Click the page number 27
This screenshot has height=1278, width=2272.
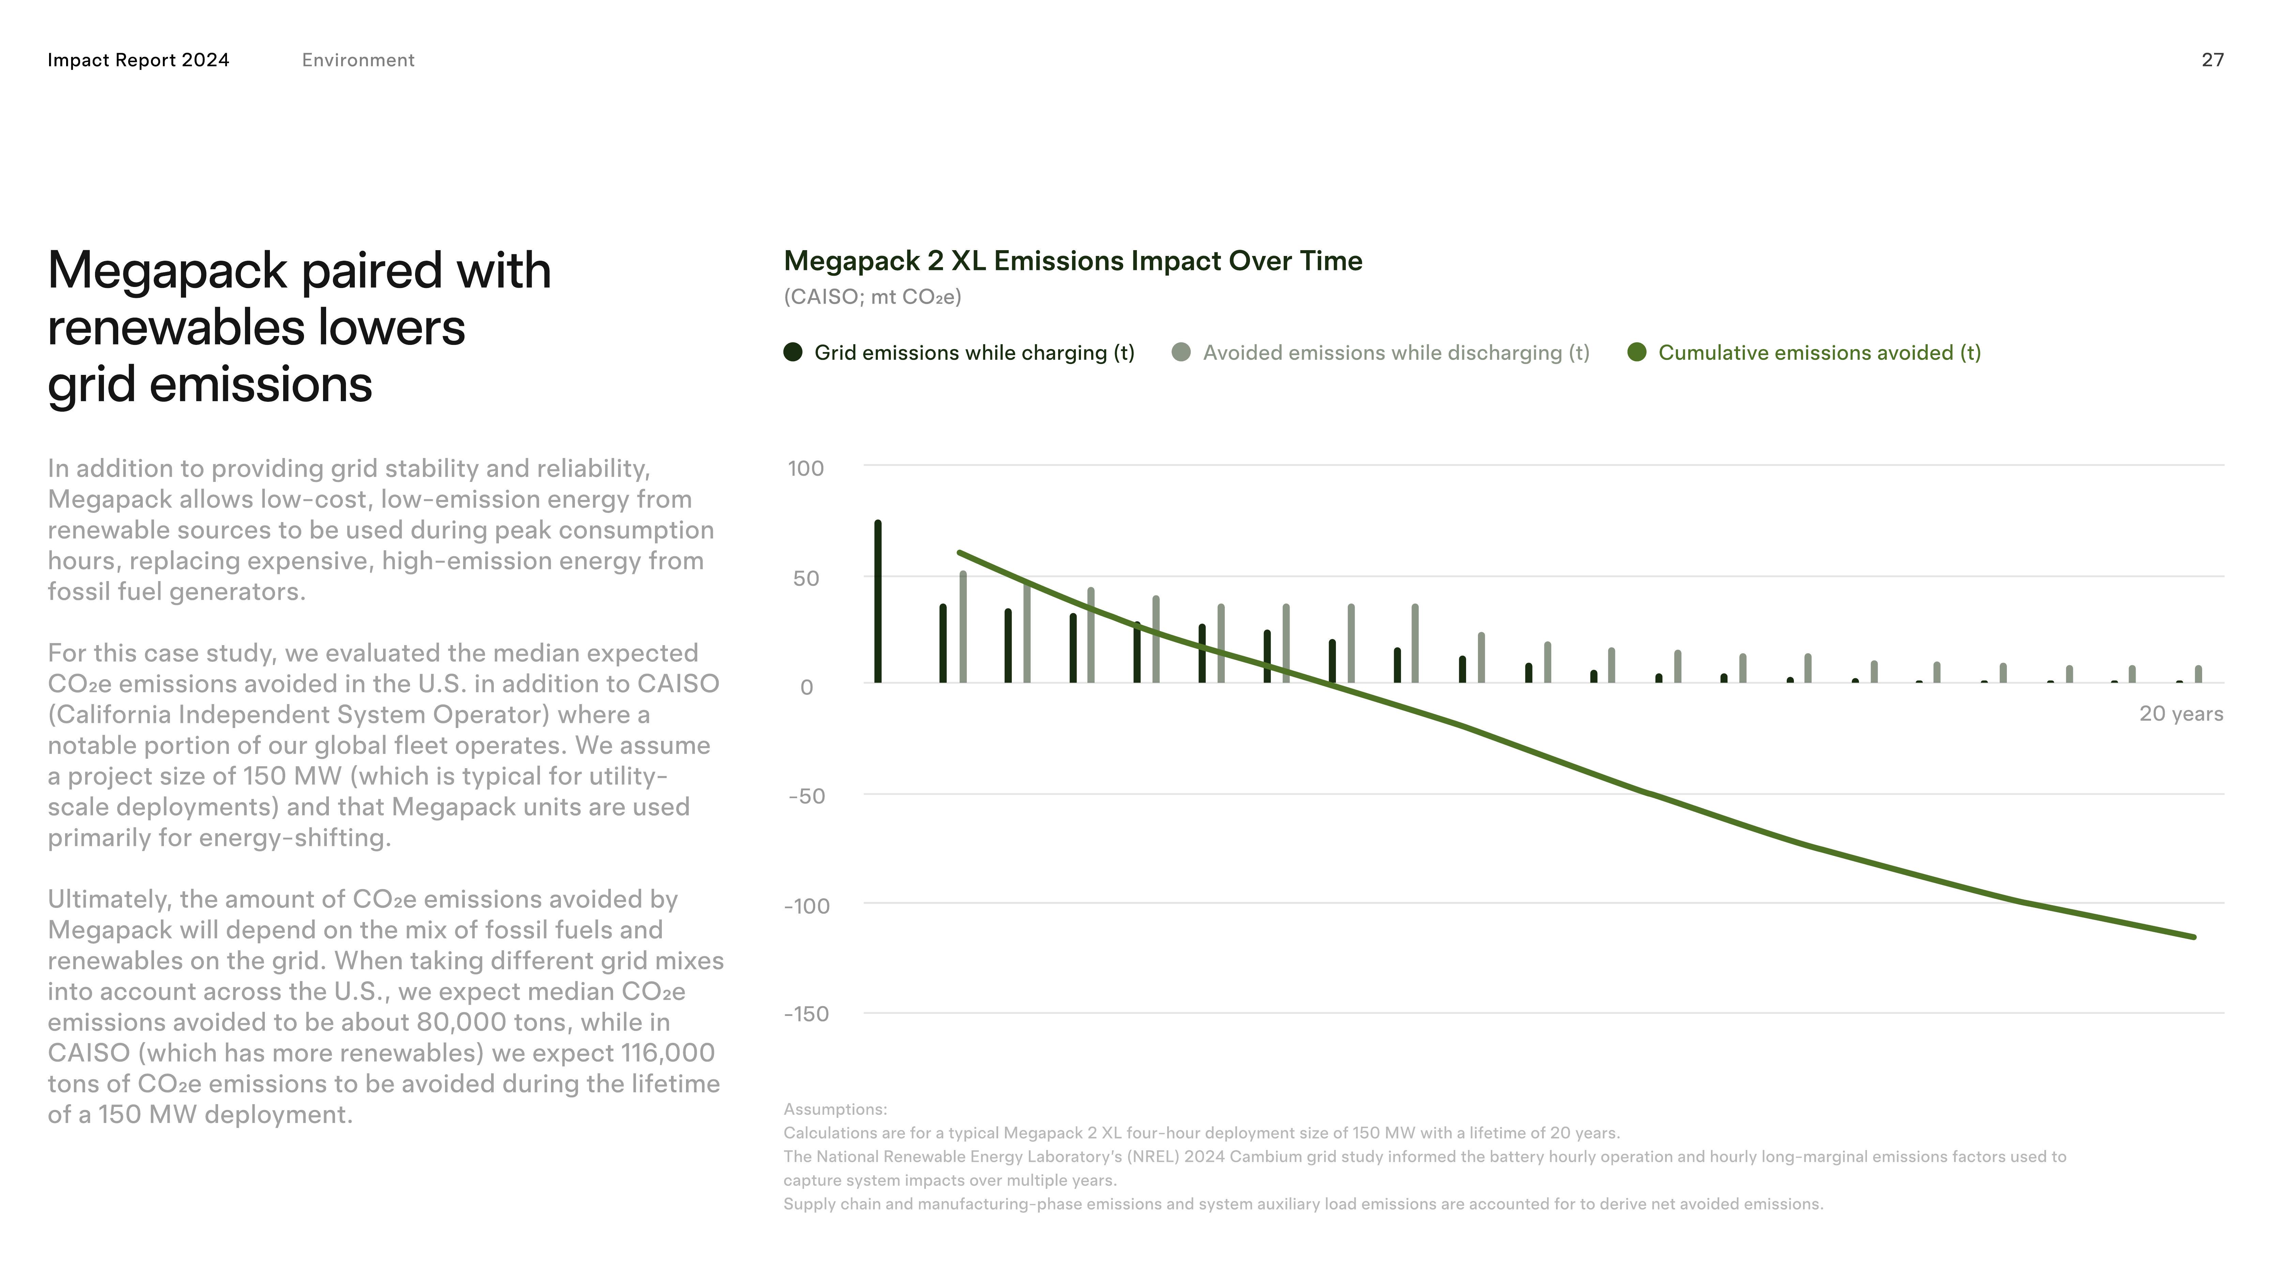(2212, 60)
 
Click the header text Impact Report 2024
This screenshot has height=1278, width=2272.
(138, 60)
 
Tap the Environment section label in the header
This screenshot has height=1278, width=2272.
(358, 60)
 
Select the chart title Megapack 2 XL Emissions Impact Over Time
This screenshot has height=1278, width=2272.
(1072, 261)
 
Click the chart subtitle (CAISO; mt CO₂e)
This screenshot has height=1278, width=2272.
(872, 297)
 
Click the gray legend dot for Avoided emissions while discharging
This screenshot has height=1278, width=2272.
(1181, 353)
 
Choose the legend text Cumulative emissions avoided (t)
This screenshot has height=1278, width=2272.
(1819, 353)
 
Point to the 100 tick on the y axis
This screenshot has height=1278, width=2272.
(805, 468)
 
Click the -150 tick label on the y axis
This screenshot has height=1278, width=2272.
(806, 1014)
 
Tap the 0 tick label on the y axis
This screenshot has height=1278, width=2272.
(806, 687)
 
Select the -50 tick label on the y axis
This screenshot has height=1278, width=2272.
(806, 796)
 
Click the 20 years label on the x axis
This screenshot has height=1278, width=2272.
(2180, 714)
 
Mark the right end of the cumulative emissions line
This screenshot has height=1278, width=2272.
(2194, 937)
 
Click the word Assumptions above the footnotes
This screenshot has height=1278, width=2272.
(834, 1110)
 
